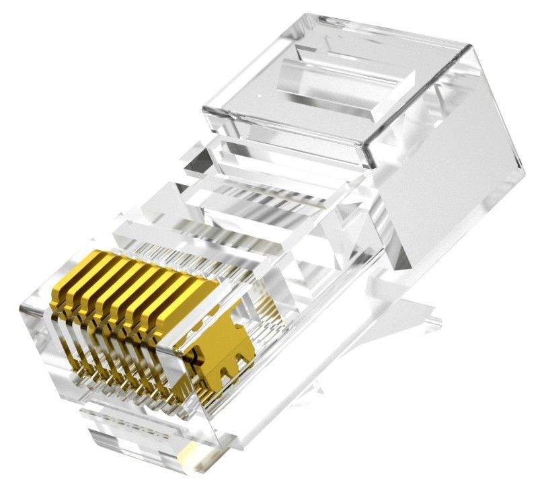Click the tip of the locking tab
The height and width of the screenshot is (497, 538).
tap(430, 313)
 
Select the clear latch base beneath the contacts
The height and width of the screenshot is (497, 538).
tap(134, 430)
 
